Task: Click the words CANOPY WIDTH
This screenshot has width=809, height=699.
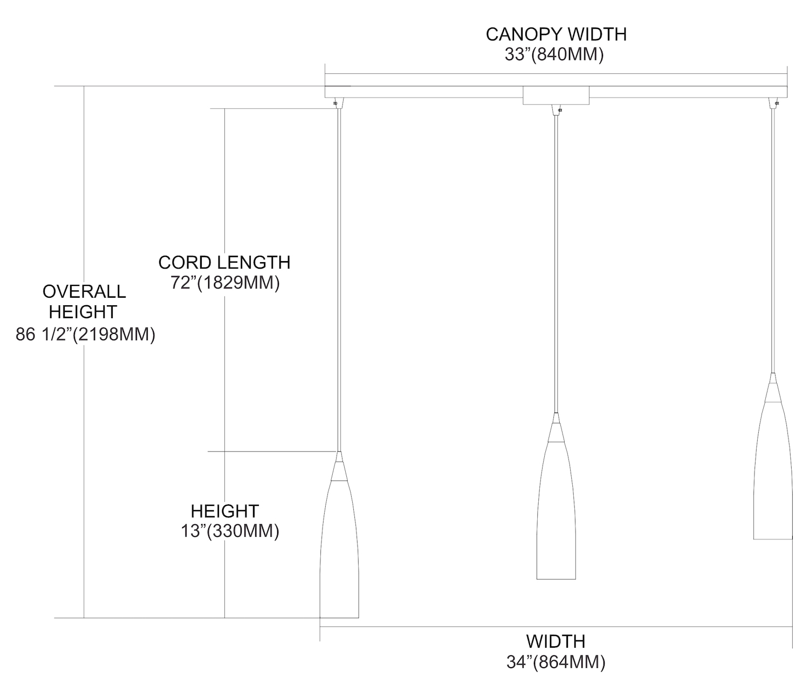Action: pyautogui.click(x=556, y=35)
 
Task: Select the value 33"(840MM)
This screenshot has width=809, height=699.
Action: pyautogui.click(x=554, y=55)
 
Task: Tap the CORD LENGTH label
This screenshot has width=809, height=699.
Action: pyautogui.click(x=224, y=263)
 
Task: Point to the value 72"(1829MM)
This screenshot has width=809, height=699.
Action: pyautogui.click(x=225, y=283)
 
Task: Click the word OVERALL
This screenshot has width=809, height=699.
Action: pyautogui.click(x=84, y=292)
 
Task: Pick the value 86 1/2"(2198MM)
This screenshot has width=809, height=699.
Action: pyautogui.click(x=86, y=334)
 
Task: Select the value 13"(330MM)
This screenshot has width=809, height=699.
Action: pyautogui.click(x=230, y=531)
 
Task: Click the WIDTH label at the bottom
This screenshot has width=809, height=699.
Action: pyautogui.click(x=556, y=641)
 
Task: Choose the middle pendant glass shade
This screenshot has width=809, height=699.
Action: pyautogui.click(x=556, y=510)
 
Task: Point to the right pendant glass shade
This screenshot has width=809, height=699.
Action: pyautogui.click(x=773, y=470)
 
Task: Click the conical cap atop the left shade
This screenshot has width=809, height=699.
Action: pyautogui.click(x=339, y=466)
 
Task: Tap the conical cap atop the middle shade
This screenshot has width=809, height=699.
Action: pyautogui.click(x=556, y=427)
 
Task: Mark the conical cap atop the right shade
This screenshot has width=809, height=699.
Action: pyautogui.click(x=773, y=387)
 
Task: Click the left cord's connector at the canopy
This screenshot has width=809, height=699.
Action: pyautogui.click(x=339, y=103)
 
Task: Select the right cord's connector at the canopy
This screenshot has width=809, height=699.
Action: pyautogui.click(x=773, y=103)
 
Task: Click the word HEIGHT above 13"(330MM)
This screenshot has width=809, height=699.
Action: pyautogui.click(x=225, y=511)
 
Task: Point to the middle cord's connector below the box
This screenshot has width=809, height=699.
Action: pyautogui.click(x=556, y=111)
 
